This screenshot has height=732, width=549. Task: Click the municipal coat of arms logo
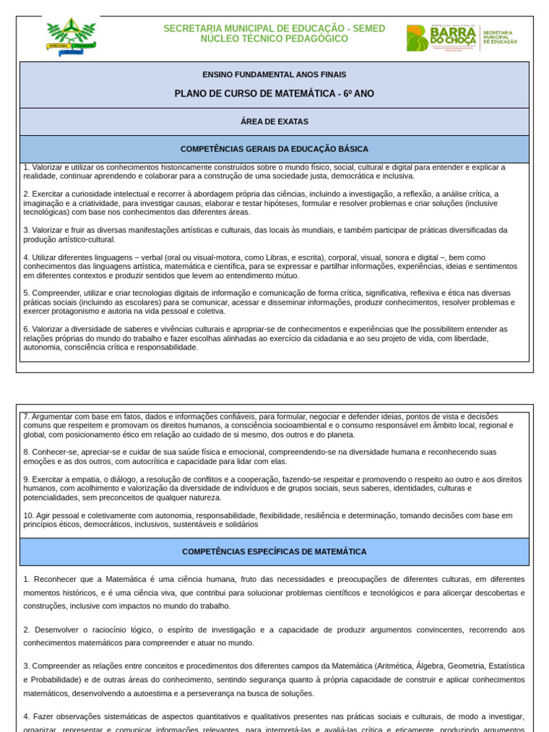pyautogui.click(x=71, y=36)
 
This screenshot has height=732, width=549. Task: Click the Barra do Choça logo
pyautogui.click(x=461, y=37)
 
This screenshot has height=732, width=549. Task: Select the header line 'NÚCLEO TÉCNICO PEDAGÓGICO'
pyautogui.click(x=274, y=39)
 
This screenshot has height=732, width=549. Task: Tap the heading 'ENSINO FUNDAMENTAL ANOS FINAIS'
pyautogui.click(x=274, y=74)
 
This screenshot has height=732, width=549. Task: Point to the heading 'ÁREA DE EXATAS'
pyautogui.click(x=274, y=122)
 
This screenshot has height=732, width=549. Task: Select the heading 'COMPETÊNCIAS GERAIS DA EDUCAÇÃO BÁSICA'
pyautogui.click(x=274, y=149)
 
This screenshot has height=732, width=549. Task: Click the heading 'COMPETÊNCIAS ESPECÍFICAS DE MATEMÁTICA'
pyautogui.click(x=274, y=552)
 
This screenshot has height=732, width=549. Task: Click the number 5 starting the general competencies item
pyautogui.click(x=26, y=293)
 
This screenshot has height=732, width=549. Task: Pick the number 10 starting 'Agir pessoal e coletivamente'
pyautogui.click(x=28, y=515)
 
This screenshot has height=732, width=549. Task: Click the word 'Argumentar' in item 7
pyautogui.click(x=52, y=416)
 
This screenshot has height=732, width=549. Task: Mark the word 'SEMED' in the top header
pyautogui.click(x=368, y=29)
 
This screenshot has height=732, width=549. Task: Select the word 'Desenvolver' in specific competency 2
pyautogui.click(x=56, y=629)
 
